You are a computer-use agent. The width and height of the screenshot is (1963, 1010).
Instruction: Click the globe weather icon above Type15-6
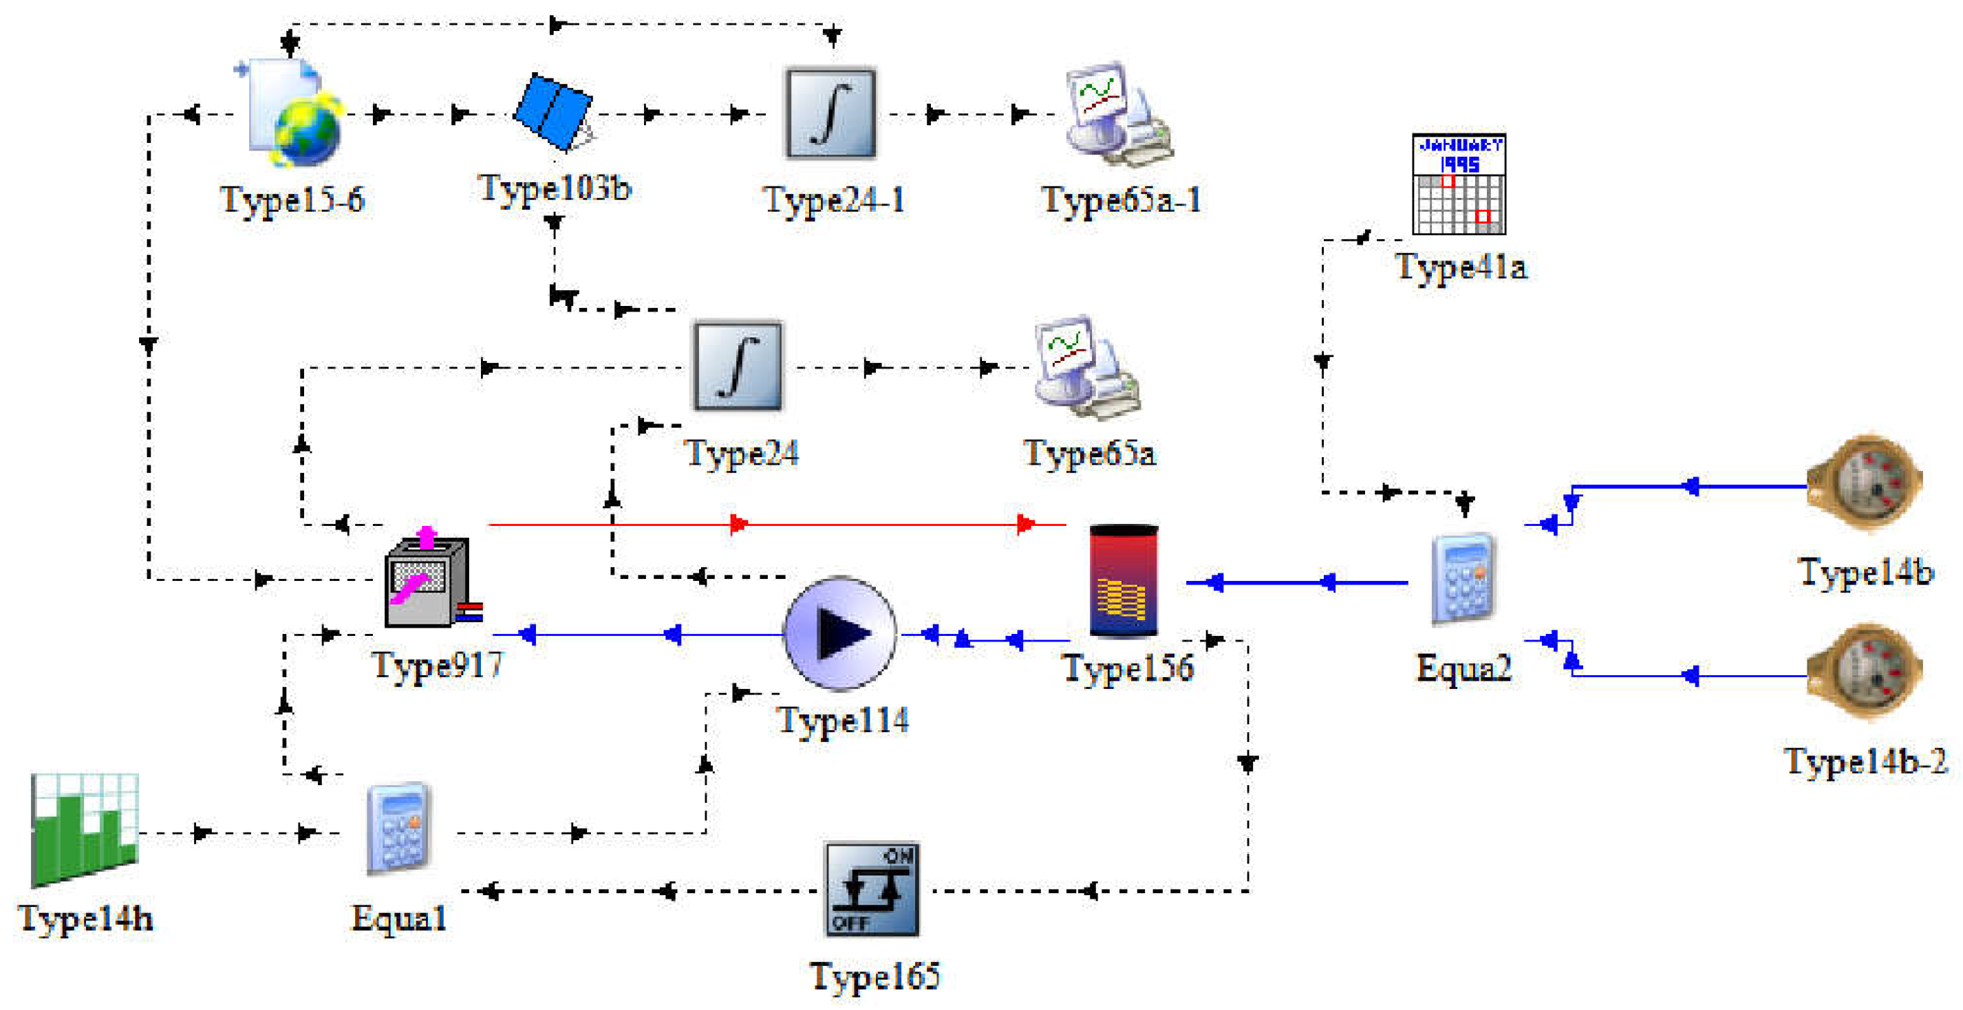(296, 114)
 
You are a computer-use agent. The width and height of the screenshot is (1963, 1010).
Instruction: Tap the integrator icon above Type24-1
(830, 113)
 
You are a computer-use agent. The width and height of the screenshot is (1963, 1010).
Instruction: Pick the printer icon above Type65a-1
(1117, 114)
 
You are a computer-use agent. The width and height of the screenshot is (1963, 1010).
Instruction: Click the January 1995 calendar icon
(1459, 184)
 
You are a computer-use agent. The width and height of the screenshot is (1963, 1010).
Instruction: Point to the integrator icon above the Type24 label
(738, 366)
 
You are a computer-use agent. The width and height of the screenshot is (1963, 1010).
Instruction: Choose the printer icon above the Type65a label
(1086, 367)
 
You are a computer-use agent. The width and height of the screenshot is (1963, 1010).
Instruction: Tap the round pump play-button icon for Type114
(839, 633)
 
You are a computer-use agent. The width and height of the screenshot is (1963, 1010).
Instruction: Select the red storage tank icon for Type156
(1124, 580)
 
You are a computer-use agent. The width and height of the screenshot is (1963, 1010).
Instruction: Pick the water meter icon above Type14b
(1865, 483)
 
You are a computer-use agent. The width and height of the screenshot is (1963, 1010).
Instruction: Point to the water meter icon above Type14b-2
(1864, 671)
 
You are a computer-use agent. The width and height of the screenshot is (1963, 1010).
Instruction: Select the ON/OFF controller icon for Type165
(872, 889)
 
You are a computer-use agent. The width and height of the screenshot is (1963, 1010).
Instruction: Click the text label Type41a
(1461, 267)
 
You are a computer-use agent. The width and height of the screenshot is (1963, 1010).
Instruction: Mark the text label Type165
(875, 976)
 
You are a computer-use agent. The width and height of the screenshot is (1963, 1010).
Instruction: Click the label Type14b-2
(1865, 761)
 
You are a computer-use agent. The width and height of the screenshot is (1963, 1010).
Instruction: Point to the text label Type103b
(555, 188)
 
